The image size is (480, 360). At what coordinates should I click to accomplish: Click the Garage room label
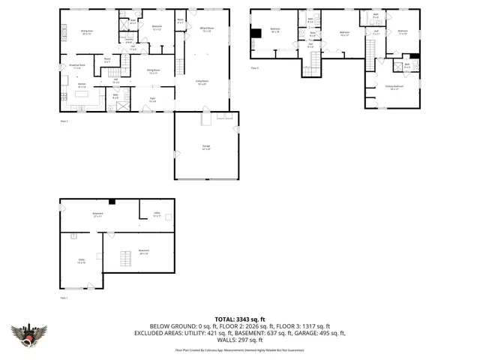coord(205,148)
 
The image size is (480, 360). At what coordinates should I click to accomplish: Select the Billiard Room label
coord(207,30)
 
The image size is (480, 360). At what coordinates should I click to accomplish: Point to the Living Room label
coord(202,82)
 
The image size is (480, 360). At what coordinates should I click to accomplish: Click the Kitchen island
coord(82,92)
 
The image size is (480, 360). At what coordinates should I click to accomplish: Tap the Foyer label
coord(152,98)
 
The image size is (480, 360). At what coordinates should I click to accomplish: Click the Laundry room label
coord(129,42)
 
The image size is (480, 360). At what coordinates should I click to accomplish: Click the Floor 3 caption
coord(255,68)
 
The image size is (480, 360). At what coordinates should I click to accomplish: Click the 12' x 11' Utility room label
coord(157,214)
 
